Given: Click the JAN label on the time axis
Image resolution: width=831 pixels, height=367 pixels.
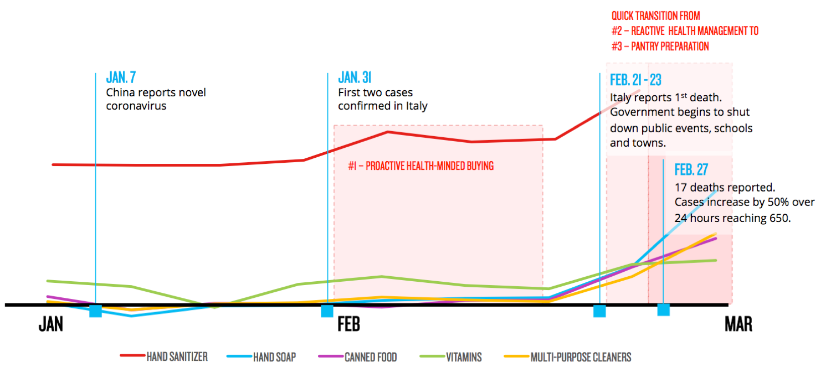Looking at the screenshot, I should click(51, 324).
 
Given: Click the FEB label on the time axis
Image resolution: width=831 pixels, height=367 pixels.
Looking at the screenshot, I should click(349, 324).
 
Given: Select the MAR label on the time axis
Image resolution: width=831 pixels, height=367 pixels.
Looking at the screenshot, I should click(738, 324).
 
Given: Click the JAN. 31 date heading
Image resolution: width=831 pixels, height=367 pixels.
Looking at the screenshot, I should click(355, 78).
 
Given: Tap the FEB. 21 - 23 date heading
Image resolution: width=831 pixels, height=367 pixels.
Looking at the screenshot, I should click(635, 80).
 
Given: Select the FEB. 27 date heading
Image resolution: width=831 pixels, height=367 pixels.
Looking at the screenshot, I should click(691, 170).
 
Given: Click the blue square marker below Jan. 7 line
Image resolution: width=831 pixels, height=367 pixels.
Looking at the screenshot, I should click(95, 311).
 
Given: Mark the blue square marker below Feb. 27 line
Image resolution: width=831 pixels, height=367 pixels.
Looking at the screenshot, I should click(664, 309).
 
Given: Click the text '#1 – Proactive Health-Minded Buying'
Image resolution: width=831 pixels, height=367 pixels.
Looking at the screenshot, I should click(420, 166).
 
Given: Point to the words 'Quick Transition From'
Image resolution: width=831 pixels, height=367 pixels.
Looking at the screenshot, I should click(655, 17).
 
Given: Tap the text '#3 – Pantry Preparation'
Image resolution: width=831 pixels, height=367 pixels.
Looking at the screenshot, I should click(660, 46).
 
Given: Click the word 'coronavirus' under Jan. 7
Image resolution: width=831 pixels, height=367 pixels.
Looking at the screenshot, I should click(136, 106).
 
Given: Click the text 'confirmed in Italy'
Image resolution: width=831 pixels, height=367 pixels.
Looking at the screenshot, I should click(383, 106).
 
